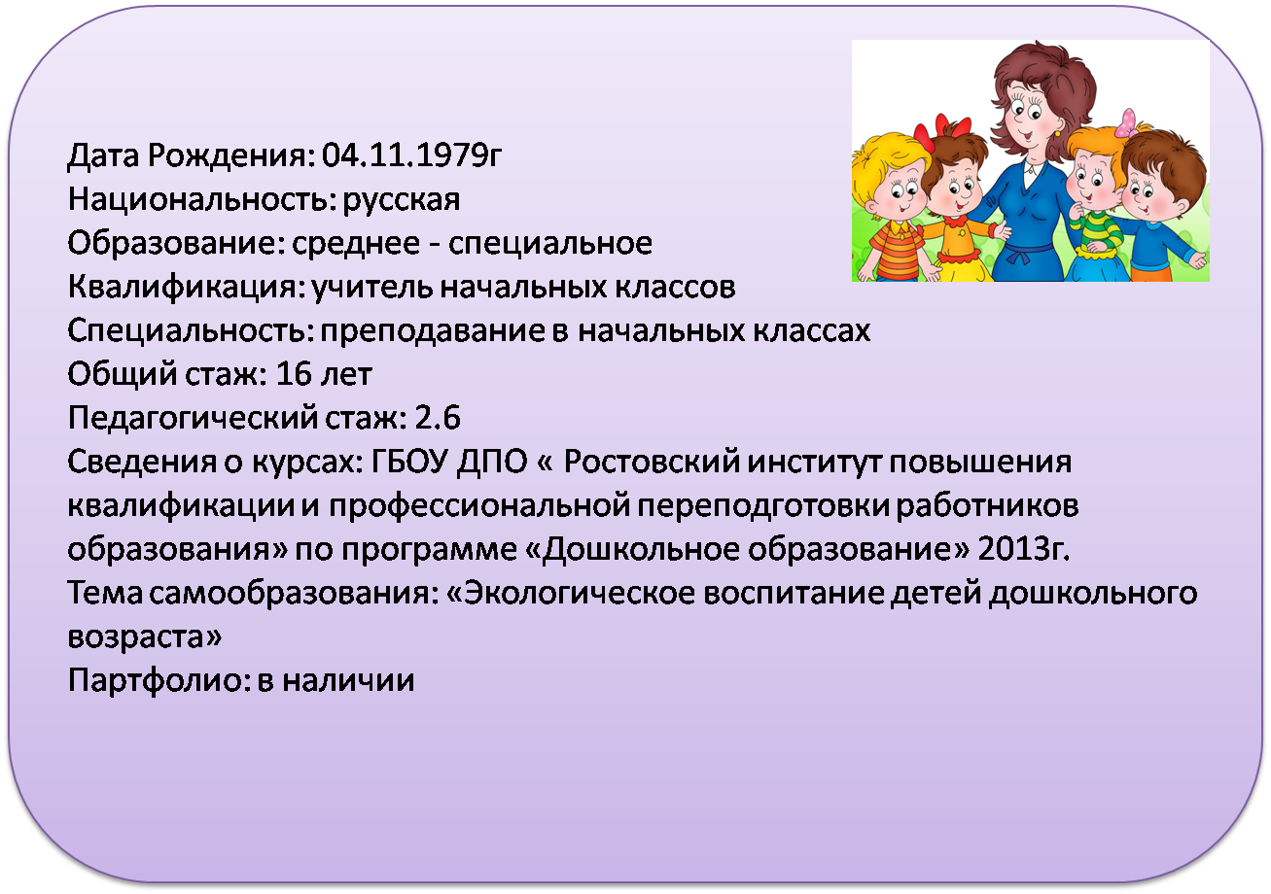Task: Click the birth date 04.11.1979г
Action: [x=412, y=155]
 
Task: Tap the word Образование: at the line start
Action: [x=176, y=243]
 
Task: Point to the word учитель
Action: [x=372, y=287]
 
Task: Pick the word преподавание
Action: [x=432, y=331]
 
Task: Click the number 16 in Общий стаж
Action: [x=294, y=374]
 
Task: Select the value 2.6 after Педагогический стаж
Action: [x=438, y=419]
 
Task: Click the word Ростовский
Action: [x=652, y=462]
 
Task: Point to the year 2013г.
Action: [x=1024, y=549]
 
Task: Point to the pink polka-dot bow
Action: [x=1126, y=123]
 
